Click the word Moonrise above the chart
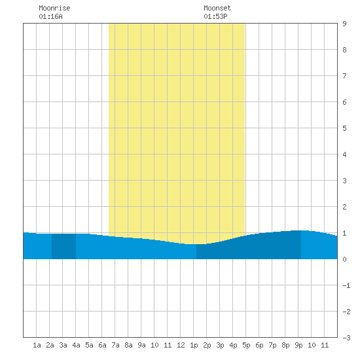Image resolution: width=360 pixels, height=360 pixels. coord(54,8)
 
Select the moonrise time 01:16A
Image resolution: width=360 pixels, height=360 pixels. coord(51,16)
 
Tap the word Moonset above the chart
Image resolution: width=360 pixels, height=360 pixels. coord(217,8)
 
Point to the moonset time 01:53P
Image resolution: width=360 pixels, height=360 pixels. coord(215,16)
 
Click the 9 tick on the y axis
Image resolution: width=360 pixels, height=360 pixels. coord(344,24)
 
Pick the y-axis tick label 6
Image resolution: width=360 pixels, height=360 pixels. coord(344,102)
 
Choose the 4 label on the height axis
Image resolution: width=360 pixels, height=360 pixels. coord(344,154)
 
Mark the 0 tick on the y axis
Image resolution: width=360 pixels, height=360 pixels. coord(344,259)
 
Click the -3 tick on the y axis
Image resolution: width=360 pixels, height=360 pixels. coord(346,338)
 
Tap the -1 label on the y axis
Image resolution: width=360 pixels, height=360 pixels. coord(346,285)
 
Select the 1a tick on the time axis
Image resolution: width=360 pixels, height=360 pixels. coord(37,345)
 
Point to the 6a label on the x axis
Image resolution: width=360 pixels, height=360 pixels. coord(102,345)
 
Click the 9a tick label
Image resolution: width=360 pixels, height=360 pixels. coord(141,345)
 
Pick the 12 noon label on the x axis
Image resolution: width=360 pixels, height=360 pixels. coord(181,345)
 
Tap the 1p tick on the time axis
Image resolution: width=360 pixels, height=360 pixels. coord(194,345)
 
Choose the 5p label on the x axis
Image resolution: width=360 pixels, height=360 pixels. coord(246,345)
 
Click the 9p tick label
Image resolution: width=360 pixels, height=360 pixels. coord(298,345)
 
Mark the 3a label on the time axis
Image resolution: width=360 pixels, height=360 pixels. coord(63,345)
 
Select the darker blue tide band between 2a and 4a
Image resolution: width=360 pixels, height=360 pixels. coord(63,246)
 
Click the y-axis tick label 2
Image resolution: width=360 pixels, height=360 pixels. coord(344,207)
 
